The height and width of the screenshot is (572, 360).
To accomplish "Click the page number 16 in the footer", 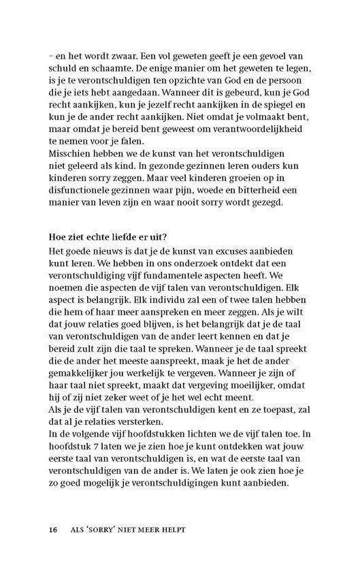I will [53, 529].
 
